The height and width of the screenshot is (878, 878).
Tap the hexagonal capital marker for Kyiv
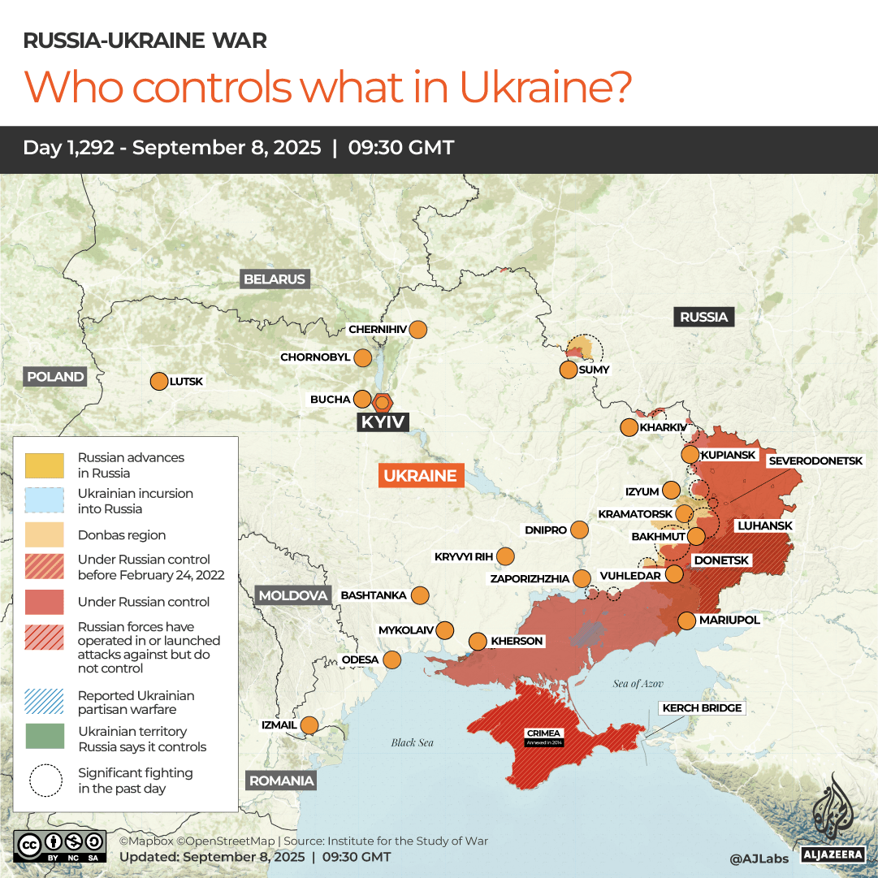(x=383, y=402)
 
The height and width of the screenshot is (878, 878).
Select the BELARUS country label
(x=275, y=279)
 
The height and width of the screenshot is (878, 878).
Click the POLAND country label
(x=55, y=377)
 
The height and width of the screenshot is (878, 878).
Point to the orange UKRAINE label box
(x=421, y=476)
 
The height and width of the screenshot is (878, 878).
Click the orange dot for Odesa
(x=392, y=660)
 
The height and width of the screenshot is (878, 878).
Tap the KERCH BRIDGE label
(x=702, y=708)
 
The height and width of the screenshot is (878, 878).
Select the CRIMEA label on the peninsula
(x=543, y=733)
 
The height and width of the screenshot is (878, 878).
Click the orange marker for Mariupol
(x=687, y=621)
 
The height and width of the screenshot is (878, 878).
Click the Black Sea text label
(x=413, y=742)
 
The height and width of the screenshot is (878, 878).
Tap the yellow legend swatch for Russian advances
(x=45, y=465)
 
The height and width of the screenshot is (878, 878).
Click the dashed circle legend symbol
(x=45, y=781)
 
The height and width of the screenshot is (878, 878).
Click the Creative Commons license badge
(x=60, y=845)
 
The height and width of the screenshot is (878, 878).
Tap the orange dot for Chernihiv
(x=418, y=330)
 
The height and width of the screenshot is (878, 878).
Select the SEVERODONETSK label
(x=815, y=461)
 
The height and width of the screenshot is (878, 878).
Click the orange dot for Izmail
(x=309, y=725)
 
